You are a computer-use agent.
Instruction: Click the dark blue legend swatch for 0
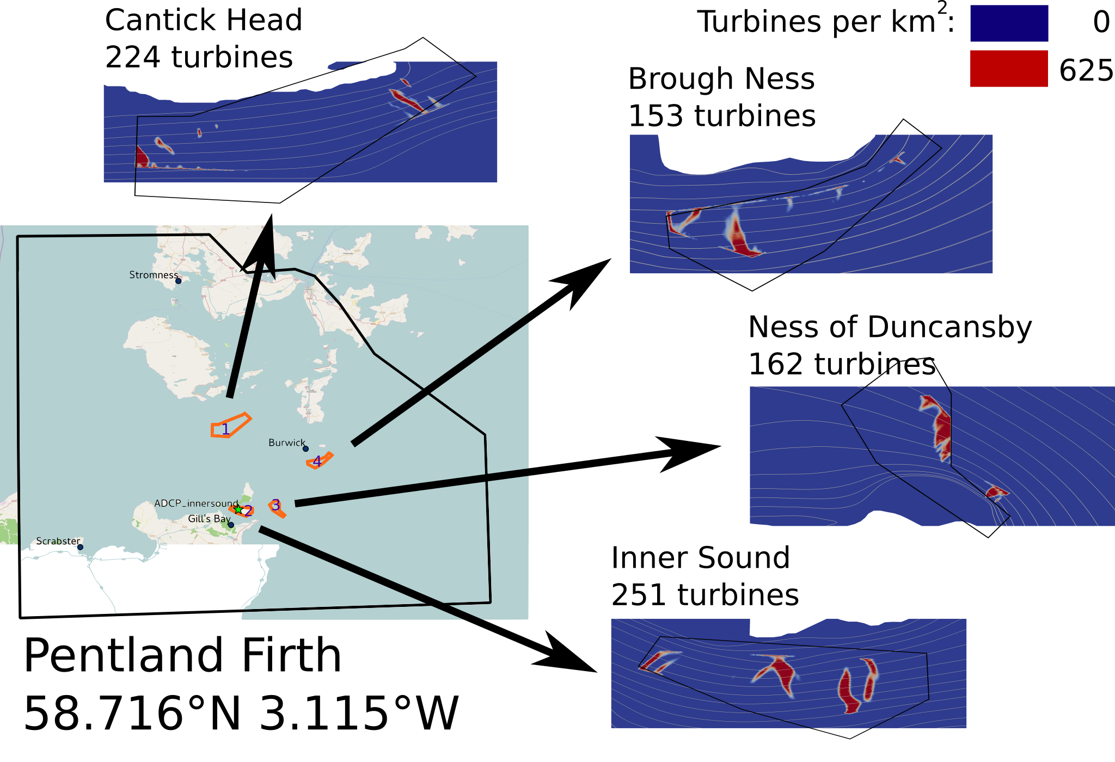pos(1009,23)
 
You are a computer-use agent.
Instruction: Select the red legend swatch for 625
pos(1009,69)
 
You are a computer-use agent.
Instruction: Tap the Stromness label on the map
pos(153,275)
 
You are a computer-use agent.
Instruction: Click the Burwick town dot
pos(305,448)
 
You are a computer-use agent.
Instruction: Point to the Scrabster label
pos(58,541)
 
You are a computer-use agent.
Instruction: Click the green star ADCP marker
pos(238,509)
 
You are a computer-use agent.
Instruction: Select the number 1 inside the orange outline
pos(225,429)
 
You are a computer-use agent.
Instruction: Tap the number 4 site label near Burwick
pos(317,462)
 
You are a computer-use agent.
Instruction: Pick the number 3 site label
pos(276,505)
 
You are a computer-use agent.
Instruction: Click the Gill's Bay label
pos(209,519)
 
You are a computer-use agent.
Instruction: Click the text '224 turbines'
pos(199,57)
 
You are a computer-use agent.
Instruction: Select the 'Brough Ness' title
pos(721,79)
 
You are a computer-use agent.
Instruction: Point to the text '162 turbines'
pos(842,364)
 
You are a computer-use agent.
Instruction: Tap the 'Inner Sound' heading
pos(701,558)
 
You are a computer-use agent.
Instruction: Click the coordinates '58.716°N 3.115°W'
pos(241,714)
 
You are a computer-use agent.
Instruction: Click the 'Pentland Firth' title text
pos(182,656)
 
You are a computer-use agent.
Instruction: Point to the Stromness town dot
pos(178,281)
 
